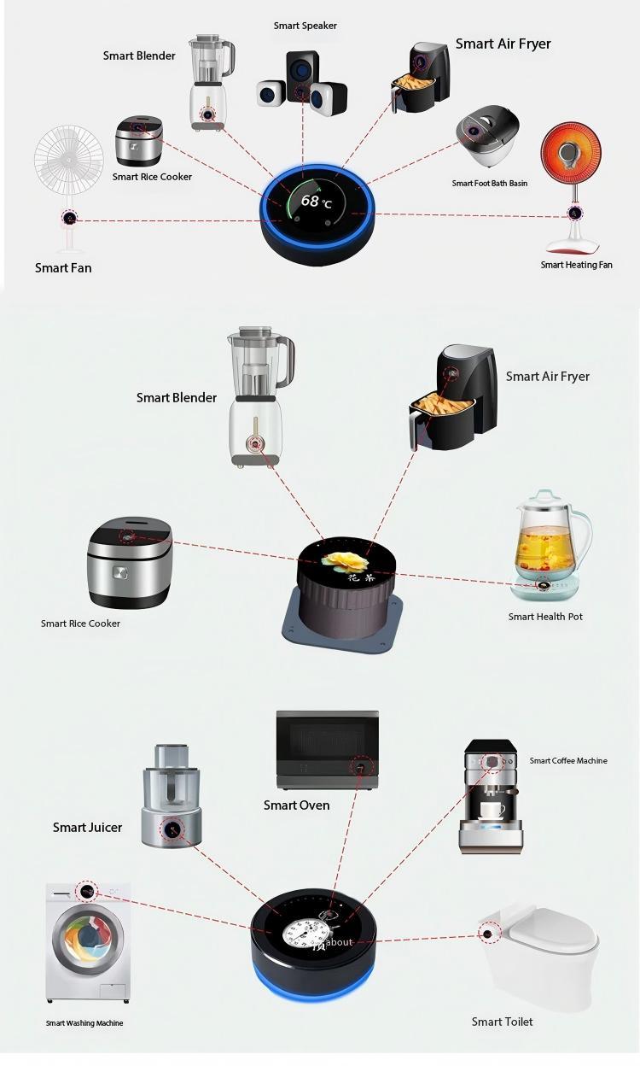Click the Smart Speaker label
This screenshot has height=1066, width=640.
point(305,26)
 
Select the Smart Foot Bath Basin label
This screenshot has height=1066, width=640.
point(489,183)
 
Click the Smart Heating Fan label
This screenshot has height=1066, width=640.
point(576,265)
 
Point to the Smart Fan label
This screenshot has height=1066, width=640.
point(63,268)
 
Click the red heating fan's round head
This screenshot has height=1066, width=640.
point(571,154)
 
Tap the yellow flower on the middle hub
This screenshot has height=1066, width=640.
point(346,562)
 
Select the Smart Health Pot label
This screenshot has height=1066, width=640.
point(545,617)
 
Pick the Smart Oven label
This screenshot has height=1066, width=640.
point(296,805)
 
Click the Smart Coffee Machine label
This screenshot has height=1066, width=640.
point(568,760)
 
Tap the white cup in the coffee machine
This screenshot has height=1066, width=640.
point(492,810)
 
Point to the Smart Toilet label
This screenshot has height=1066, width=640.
point(502,1022)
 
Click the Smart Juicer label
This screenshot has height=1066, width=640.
point(87,827)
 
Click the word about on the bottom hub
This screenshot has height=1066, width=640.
point(340,942)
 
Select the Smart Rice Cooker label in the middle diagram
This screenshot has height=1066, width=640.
point(80,624)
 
